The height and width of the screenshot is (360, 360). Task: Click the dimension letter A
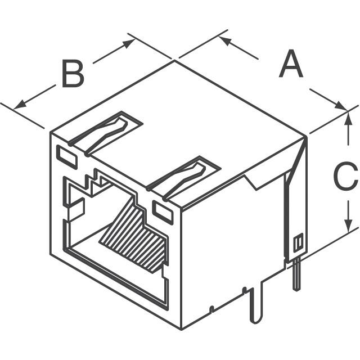pos(291,64)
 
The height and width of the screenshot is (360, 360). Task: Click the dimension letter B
pos(73,74)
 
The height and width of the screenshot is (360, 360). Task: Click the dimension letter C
pos(345,175)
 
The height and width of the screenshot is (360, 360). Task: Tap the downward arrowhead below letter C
pos(349,226)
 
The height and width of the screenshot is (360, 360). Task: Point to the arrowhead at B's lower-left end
pos(20,105)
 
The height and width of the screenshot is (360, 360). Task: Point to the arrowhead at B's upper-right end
pos(129,43)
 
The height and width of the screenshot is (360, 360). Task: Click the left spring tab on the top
pos(106,133)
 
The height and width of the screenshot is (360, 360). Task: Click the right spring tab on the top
pos(183,178)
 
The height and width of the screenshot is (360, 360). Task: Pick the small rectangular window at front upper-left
pos(66,157)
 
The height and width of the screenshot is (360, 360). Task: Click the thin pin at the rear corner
pos(296,274)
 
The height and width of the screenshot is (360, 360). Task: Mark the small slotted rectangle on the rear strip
pos(298,242)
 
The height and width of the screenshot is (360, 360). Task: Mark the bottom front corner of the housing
pos(182,330)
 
